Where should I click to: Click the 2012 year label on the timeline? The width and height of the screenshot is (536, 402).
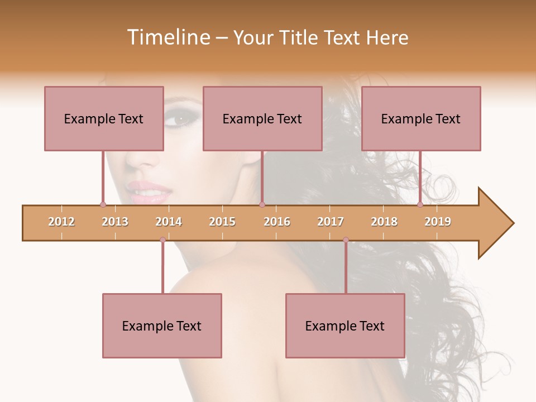pos(61,222)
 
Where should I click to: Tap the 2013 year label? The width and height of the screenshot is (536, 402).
pos(115,222)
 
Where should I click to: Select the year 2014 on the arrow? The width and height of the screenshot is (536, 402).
pos(169,222)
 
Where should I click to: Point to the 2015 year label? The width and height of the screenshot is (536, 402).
pos(222,222)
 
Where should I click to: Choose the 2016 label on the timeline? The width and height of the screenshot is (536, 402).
pos(277,222)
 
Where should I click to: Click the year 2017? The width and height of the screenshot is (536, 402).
pos(331,222)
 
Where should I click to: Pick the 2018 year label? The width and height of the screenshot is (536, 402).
pos(384,222)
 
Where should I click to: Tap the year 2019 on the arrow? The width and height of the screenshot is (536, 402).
pos(438,222)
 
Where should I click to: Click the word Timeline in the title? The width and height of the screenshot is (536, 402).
pos(167,37)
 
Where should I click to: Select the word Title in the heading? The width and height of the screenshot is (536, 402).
pos(299,37)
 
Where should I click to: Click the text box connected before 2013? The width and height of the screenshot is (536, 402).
pos(104,118)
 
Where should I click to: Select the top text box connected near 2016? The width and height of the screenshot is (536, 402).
pos(262,118)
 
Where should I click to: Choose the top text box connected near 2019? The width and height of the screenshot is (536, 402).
pos(421,118)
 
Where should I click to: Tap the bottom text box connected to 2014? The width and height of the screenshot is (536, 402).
pos(162,326)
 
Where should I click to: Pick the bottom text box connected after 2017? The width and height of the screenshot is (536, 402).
pos(345,326)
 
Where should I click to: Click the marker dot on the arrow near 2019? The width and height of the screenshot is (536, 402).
pos(420,204)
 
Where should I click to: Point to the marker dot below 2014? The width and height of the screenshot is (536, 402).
pos(162,240)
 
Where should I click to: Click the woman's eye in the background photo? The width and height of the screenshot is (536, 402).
pos(181,119)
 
